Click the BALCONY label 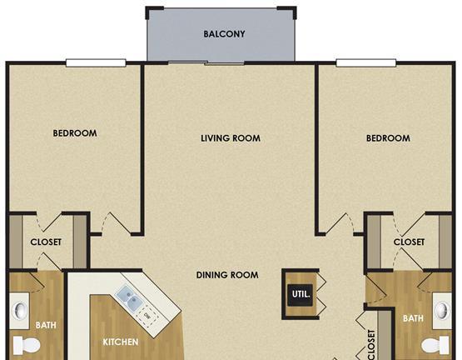click(x=224, y=34)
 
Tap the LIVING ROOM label click(x=231, y=138)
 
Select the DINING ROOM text click(x=227, y=275)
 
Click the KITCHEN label click(x=121, y=342)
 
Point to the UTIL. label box click(x=301, y=294)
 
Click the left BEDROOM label click(x=75, y=133)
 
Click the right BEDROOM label click(x=388, y=138)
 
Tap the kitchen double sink click(x=130, y=297)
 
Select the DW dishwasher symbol click(x=147, y=317)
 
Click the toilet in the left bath click(x=27, y=345)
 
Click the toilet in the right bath click(x=435, y=345)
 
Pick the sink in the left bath click(x=19, y=311)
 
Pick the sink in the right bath click(x=442, y=311)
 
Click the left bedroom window click(x=96, y=62)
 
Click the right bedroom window click(x=366, y=62)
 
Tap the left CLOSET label click(x=46, y=242)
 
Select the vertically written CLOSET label click(x=372, y=345)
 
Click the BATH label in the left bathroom click(x=46, y=325)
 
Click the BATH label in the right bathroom click(x=413, y=318)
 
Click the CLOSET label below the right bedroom click(x=409, y=242)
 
